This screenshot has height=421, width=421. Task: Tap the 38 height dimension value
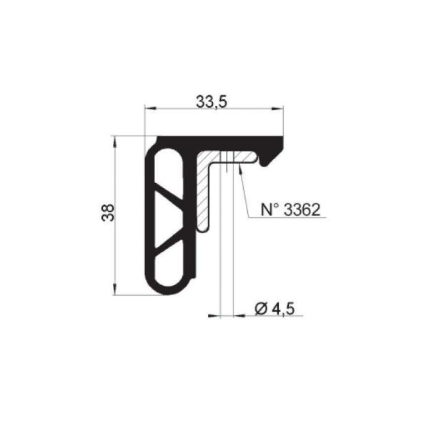point(108,212)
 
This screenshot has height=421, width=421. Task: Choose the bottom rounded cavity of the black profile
point(169,269)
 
